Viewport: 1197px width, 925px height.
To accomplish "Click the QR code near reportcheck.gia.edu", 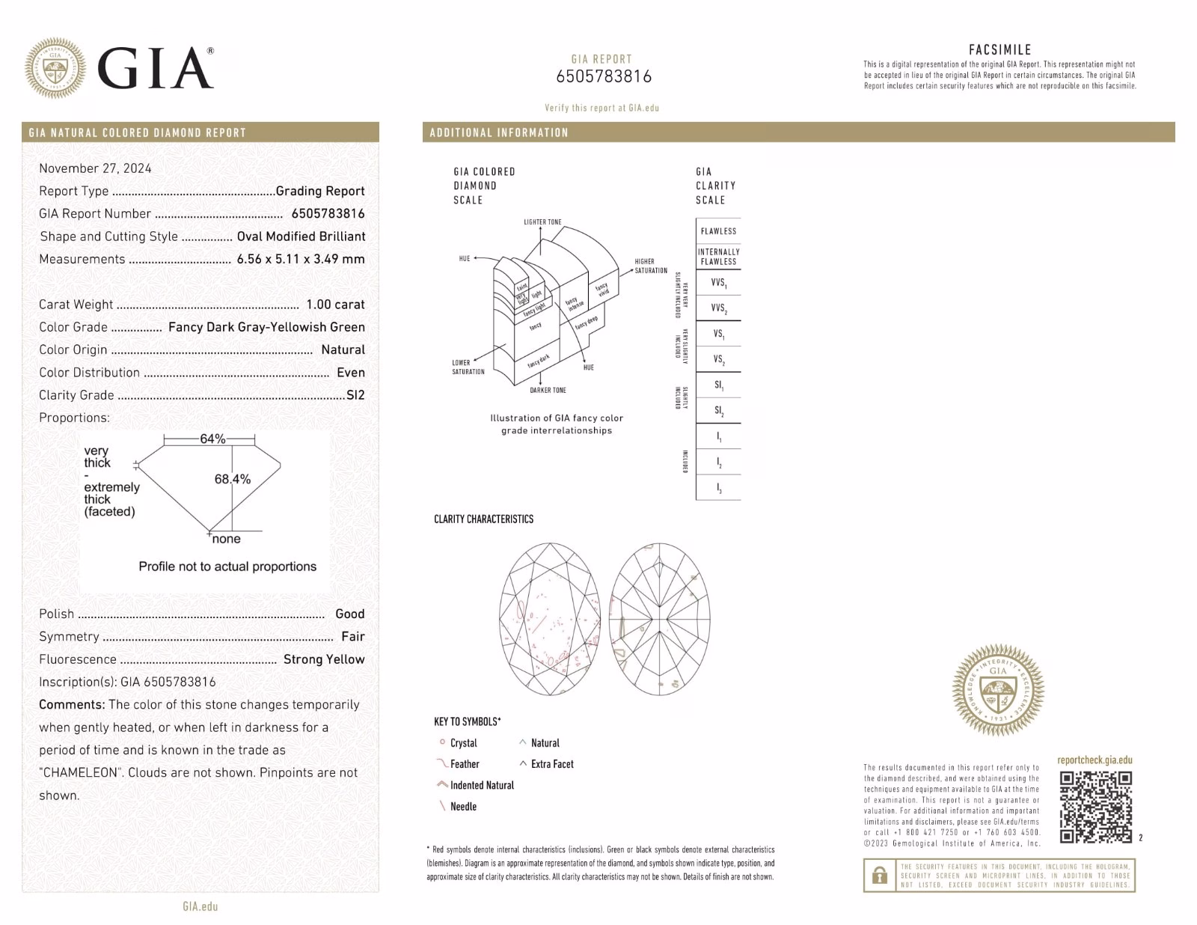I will [x=1095, y=807].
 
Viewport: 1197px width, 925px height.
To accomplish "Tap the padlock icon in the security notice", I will [x=880, y=875].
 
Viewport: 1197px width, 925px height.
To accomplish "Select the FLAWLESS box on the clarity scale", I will [x=718, y=231].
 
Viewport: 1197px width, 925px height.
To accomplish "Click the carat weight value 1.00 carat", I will [x=335, y=305].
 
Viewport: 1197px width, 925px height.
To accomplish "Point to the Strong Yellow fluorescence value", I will [x=324, y=659].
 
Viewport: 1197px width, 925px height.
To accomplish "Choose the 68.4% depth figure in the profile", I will [x=233, y=479].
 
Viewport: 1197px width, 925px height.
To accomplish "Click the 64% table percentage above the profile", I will [x=212, y=439].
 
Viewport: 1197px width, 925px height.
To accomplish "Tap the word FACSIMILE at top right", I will [x=999, y=50].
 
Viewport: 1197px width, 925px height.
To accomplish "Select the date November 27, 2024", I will [x=95, y=168].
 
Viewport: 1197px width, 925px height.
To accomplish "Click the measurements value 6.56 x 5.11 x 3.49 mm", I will [x=301, y=259].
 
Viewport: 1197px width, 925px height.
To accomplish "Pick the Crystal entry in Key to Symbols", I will [x=463, y=743].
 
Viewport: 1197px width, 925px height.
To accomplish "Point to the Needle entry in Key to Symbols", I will [x=463, y=807].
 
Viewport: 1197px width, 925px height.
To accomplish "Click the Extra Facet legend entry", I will [x=552, y=764].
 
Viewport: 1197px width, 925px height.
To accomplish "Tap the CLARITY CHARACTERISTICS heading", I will [x=483, y=519].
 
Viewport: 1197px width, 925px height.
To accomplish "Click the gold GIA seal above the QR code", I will [x=998, y=689].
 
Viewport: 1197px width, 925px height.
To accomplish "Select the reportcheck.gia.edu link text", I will [x=1095, y=760].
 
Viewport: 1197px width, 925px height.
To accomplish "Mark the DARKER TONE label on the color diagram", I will [x=548, y=391].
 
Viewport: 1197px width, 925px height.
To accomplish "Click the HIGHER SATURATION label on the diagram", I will [x=650, y=266].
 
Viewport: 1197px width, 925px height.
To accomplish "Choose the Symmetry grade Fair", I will [x=352, y=637].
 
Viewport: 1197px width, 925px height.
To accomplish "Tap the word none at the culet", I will [x=226, y=539].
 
